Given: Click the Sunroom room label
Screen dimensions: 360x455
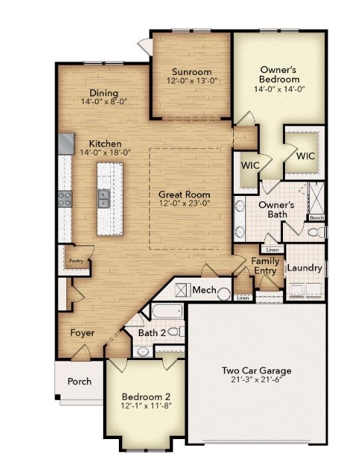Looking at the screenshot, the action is [192, 72].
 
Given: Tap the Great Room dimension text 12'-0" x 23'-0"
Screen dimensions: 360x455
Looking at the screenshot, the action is [185, 203].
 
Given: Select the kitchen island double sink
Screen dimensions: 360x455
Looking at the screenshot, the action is [103, 199].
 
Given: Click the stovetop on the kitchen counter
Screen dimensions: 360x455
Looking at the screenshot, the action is [65, 199].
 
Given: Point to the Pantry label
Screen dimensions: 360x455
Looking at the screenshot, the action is [76, 261].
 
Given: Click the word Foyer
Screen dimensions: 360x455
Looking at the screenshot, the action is [82, 333].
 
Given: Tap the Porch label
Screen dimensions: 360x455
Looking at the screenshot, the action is [80, 381].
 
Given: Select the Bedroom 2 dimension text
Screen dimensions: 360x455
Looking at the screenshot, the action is [146, 405].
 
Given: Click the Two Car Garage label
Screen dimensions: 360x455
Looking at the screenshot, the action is [257, 371].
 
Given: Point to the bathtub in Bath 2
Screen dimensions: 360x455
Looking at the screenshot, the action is [167, 311].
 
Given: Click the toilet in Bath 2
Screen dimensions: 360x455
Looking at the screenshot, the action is [176, 331].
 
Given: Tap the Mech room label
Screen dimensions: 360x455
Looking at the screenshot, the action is [204, 290].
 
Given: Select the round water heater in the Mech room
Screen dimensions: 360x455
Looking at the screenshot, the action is [224, 294].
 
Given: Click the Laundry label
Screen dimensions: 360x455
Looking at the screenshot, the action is [305, 268].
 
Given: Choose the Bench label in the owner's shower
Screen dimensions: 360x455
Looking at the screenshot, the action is [316, 218].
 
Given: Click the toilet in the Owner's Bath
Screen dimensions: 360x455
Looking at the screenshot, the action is [316, 232].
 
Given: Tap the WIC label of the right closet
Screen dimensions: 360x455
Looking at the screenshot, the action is [306, 156].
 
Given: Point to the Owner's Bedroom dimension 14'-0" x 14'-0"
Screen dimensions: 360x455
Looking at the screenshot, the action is [279, 89].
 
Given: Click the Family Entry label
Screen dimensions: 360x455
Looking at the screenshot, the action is [265, 266].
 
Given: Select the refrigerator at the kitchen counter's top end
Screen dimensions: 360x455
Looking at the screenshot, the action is [66, 143].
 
